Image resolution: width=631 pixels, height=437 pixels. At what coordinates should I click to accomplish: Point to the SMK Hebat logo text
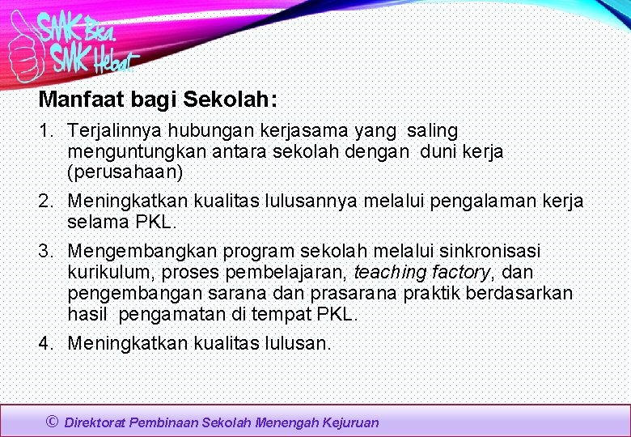click(x=94, y=57)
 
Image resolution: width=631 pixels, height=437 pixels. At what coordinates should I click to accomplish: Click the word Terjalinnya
click(x=114, y=130)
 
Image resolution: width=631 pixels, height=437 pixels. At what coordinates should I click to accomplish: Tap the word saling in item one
click(x=432, y=130)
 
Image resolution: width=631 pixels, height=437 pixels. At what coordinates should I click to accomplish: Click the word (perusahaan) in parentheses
click(x=125, y=172)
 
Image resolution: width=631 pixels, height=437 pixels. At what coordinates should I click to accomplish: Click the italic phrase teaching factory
click(x=421, y=273)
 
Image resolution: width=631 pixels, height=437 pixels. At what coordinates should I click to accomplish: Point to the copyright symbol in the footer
click(x=53, y=422)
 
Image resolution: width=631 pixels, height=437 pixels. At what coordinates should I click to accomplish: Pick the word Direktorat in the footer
click(x=95, y=422)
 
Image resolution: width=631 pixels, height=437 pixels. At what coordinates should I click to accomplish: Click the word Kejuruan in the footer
click(x=349, y=422)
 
